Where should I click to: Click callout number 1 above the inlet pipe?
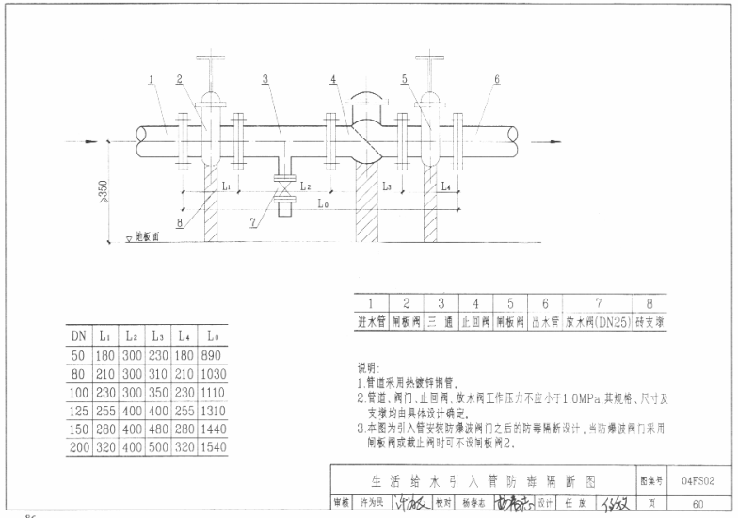pyautogui.click(x=151, y=79)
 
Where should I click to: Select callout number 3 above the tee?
pyautogui.click(x=265, y=79)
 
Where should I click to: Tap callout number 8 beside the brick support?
pyautogui.click(x=180, y=223)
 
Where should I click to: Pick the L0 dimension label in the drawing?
pyautogui.click(x=324, y=203)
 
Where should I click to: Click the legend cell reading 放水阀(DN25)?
pyautogui.click(x=598, y=320)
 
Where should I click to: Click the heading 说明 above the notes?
pyautogui.click(x=368, y=366)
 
